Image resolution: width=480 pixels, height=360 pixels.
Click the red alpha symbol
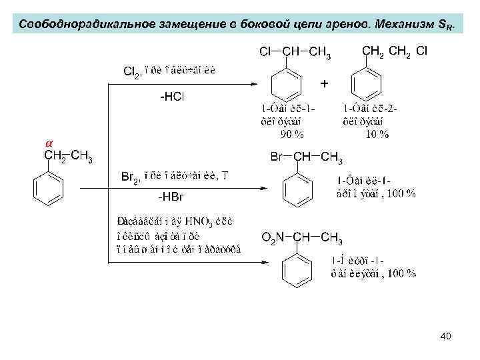[x=48, y=144]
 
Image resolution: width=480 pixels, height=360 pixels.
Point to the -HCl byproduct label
[x=172, y=97]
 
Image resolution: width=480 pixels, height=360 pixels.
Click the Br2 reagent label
[x=131, y=178]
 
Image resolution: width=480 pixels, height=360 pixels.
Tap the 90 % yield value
[x=291, y=134]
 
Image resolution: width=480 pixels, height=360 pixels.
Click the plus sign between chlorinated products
[x=325, y=84]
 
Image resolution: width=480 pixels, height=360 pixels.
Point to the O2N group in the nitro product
[x=273, y=237]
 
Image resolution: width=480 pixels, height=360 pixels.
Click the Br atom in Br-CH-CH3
[x=277, y=158]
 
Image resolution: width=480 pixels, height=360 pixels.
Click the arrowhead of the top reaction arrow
[x=252, y=84]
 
